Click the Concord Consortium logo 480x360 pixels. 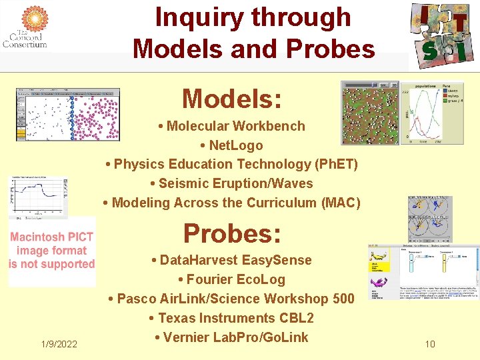[25, 27]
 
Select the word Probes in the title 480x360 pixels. [339, 49]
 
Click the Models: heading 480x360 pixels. [232, 99]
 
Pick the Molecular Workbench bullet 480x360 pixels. [232, 126]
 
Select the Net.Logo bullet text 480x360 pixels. [231, 145]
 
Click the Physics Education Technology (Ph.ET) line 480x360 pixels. [232, 164]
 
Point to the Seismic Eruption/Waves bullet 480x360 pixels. [231, 183]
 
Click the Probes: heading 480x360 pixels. [232, 233]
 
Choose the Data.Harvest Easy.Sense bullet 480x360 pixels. [231, 260]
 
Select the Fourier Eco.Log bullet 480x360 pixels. [231, 279]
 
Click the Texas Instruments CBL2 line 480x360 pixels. [231, 318]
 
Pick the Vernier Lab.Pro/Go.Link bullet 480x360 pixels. [231, 337]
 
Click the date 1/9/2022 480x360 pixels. [59, 344]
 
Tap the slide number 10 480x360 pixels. [430, 344]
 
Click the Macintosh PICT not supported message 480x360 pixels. [52, 251]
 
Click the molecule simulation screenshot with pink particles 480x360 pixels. [67, 114]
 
